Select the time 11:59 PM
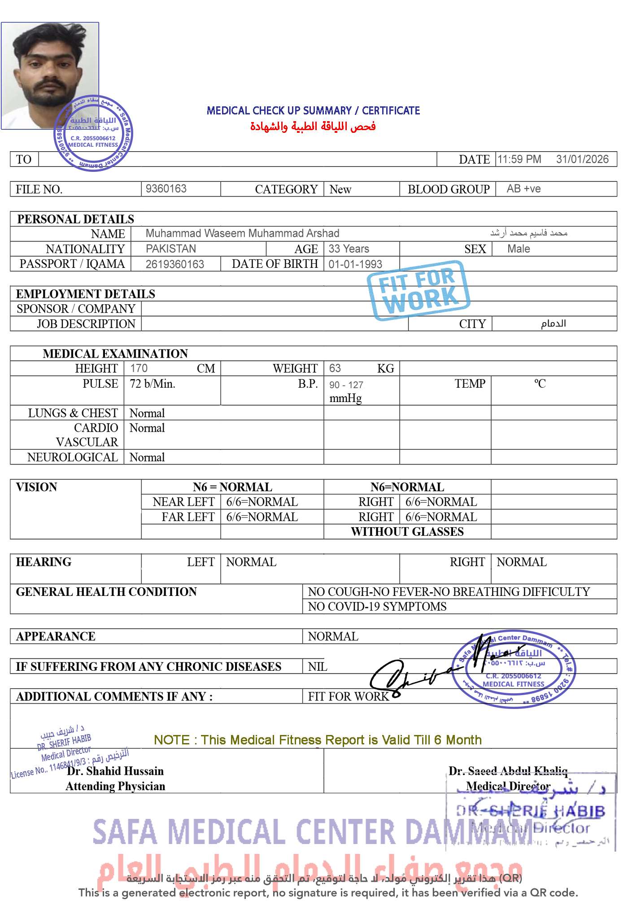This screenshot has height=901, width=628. [519, 159]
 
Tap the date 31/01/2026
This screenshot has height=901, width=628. [582, 159]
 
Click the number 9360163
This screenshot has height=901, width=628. [166, 188]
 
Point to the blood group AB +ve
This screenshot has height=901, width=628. [523, 188]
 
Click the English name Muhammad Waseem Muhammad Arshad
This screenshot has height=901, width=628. [242, 233]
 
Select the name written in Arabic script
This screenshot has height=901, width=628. [528, 233]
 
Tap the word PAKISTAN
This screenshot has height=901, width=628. [171, 249]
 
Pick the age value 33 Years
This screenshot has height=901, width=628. [349, 249]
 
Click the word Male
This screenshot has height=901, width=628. [519, 249]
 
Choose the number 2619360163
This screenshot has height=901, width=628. [174, 264]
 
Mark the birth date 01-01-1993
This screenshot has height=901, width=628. [354, 264]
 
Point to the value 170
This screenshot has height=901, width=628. [139, 368]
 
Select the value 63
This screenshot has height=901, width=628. [335, 368]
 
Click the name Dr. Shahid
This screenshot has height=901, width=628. [94, 771]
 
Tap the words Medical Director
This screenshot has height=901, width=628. [508, 786]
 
